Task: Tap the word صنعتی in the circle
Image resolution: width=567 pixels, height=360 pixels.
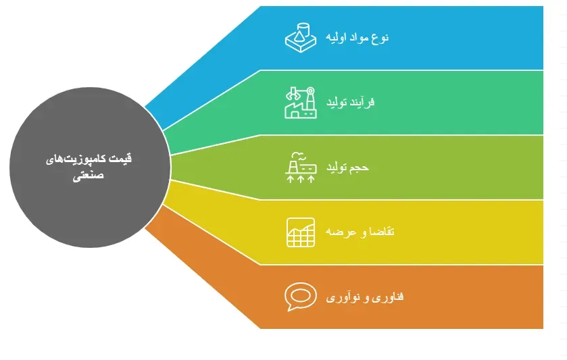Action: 87,174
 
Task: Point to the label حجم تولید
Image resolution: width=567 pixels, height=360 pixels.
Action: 349,167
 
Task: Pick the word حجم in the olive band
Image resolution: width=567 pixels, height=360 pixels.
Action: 361,167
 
